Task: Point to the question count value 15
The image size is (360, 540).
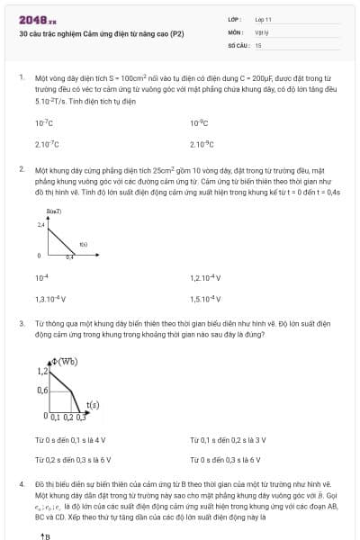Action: point(258,44)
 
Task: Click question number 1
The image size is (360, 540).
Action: point(21,78)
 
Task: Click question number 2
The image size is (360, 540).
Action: point(21,168)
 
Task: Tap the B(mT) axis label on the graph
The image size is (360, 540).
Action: point(42,209)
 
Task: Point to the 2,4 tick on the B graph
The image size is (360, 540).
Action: point(40,223)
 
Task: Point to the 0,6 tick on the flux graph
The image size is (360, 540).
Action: point(41,391)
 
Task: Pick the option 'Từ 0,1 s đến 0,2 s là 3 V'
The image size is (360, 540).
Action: point(228,439)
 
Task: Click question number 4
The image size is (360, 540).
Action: point(21,484)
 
